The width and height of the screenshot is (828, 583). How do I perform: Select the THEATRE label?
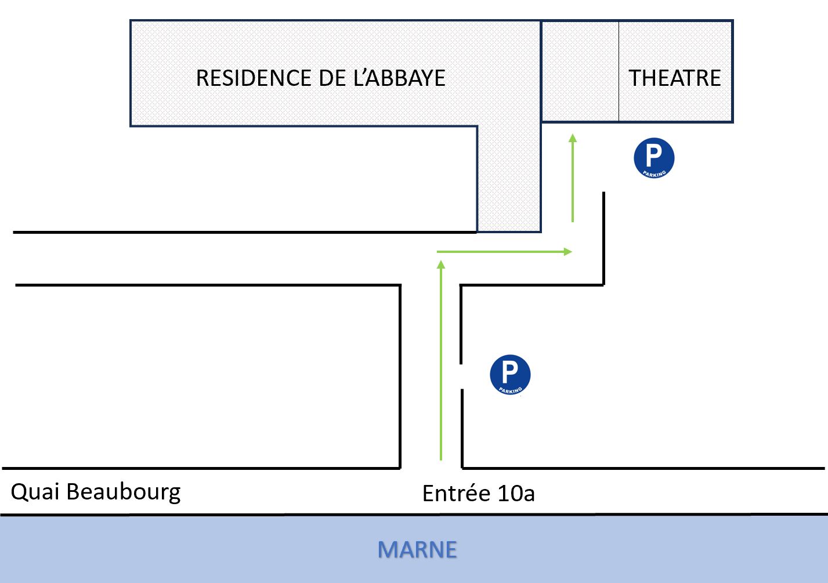tap(675, 78)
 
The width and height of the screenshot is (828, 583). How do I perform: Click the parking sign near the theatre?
tap(654, 158)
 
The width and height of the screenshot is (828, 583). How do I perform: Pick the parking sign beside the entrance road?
tap(510, 375)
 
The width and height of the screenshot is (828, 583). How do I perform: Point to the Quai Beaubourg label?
tap(96, 492)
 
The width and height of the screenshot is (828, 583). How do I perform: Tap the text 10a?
tap(516, 494)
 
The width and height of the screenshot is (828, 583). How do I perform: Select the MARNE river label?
tap(417, 549)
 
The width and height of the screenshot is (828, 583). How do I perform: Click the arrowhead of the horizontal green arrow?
tap(568, 252)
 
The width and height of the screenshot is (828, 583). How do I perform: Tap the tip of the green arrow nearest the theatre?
tap(573, 138)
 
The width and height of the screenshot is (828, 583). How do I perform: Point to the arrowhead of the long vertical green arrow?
tap(441, 265)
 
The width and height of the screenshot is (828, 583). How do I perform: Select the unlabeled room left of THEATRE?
tap(580, 71)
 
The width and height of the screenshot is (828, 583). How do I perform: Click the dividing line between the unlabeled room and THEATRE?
tap(619, 71)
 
